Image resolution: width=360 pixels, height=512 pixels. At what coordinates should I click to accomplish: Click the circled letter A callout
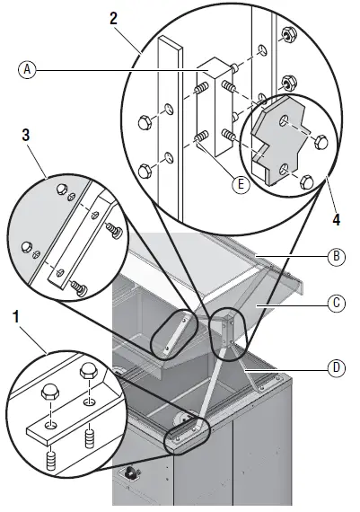pyautogui.click(x=28, y=69)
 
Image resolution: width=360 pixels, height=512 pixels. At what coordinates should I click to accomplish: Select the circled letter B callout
pyautogui.click(x=336, y=256)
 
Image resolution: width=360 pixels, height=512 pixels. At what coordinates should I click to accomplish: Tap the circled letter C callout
pyautogui.click(x=336, y=304)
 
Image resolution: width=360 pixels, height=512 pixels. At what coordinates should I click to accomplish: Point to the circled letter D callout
pyautogui.click(x=336, y=368)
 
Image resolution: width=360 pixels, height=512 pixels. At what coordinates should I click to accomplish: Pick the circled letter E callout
pyautogui.click(x=241, y=185)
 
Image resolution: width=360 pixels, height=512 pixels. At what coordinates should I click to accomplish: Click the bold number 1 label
pyautogui.click(x=16, y=316)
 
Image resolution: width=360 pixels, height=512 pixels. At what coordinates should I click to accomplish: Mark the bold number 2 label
pyautogui.click(x=113, y=19)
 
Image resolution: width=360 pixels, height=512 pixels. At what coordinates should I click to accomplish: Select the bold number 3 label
pyautogui.click(x=26, y=135)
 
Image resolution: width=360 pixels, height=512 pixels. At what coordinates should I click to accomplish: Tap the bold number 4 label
pyautogui.click(x=336, y=220)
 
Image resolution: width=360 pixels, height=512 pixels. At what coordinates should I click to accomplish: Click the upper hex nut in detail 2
pyautogui.click(x=286, y=34)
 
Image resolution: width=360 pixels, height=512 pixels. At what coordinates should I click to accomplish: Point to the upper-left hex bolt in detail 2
pyautogui.click(x=145, y=122)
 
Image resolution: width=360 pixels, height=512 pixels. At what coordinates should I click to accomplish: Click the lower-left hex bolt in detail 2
pyautogui.click(x=145, y=171)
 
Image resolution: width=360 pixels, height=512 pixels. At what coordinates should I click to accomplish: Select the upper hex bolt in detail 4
pyautogui.click(x=320, y=142)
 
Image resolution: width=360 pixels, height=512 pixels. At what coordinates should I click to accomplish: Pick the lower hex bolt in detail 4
pyautogui.click(x=307, y=181)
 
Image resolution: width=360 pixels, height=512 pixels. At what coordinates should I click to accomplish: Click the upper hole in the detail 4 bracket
pyautogui.click(x=284, y=120)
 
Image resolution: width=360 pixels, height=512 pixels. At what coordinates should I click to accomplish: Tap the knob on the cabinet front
pyautogui.click(x=130, y=472)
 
